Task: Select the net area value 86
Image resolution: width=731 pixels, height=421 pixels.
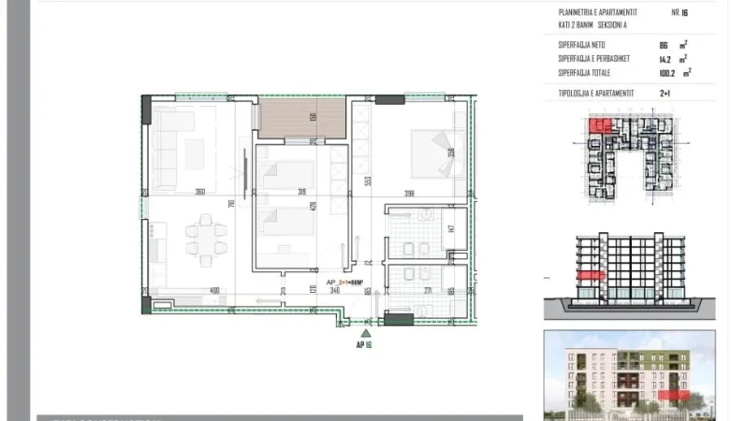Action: tap(664, 45)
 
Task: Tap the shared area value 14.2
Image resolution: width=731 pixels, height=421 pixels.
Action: tap(665, 58)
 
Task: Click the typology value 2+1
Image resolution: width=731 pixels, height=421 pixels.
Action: tap(665, 94)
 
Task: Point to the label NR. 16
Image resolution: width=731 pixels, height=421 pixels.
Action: tap(680, 13)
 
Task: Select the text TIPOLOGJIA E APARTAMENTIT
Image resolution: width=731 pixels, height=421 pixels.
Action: tap(596, 94)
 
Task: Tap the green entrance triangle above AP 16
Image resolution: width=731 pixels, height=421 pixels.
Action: tap(366, 330)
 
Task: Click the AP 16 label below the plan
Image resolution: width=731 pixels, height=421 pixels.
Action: tap(365, 344)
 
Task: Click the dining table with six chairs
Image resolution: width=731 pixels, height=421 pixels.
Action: tap(205, 235)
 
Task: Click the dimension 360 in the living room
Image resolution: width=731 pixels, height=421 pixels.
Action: tap(199, 192)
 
